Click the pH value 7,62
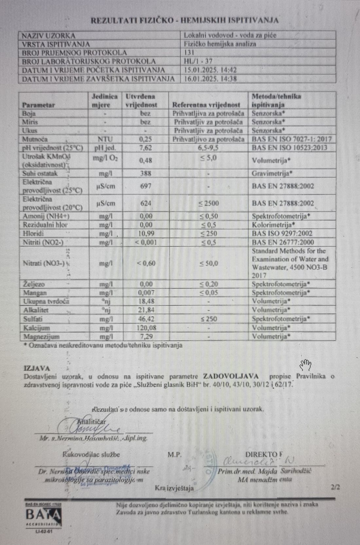(x=146, y=148)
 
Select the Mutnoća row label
(x=35, y=139)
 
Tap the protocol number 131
(x=189, y=52)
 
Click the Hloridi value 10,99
(x=146, y=234)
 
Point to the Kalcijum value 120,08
(x=146, y=328)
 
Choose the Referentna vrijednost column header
(x=206, y=105)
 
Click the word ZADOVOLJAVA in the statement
(x=231, y=376)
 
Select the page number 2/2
(x=335, y=487)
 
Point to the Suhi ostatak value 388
(x=146, y=173)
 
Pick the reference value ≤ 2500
(x=208, y=203)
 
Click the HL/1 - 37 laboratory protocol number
(x=198, y=61)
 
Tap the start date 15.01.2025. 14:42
(x=210, y=70)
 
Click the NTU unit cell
(x=105, y=139)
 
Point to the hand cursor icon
(x=305, y=364)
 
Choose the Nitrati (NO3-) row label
(x=44, y=263)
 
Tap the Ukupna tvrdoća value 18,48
(x=146, y=301)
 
